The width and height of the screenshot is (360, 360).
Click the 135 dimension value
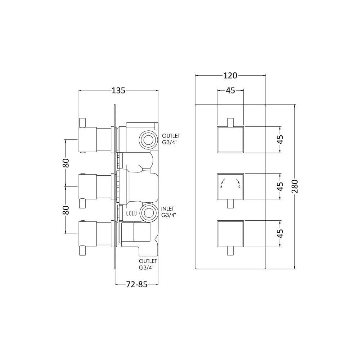pos(118,90)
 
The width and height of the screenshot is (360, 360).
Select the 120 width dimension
pos(230,75)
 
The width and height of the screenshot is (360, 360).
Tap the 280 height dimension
pos(295,186)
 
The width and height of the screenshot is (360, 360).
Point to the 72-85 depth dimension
pos(136,284)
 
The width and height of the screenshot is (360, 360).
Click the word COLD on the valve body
pos(131,213)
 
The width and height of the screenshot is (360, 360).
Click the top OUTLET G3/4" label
pos(171,139)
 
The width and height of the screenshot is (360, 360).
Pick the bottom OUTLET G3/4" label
pos(148,264)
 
